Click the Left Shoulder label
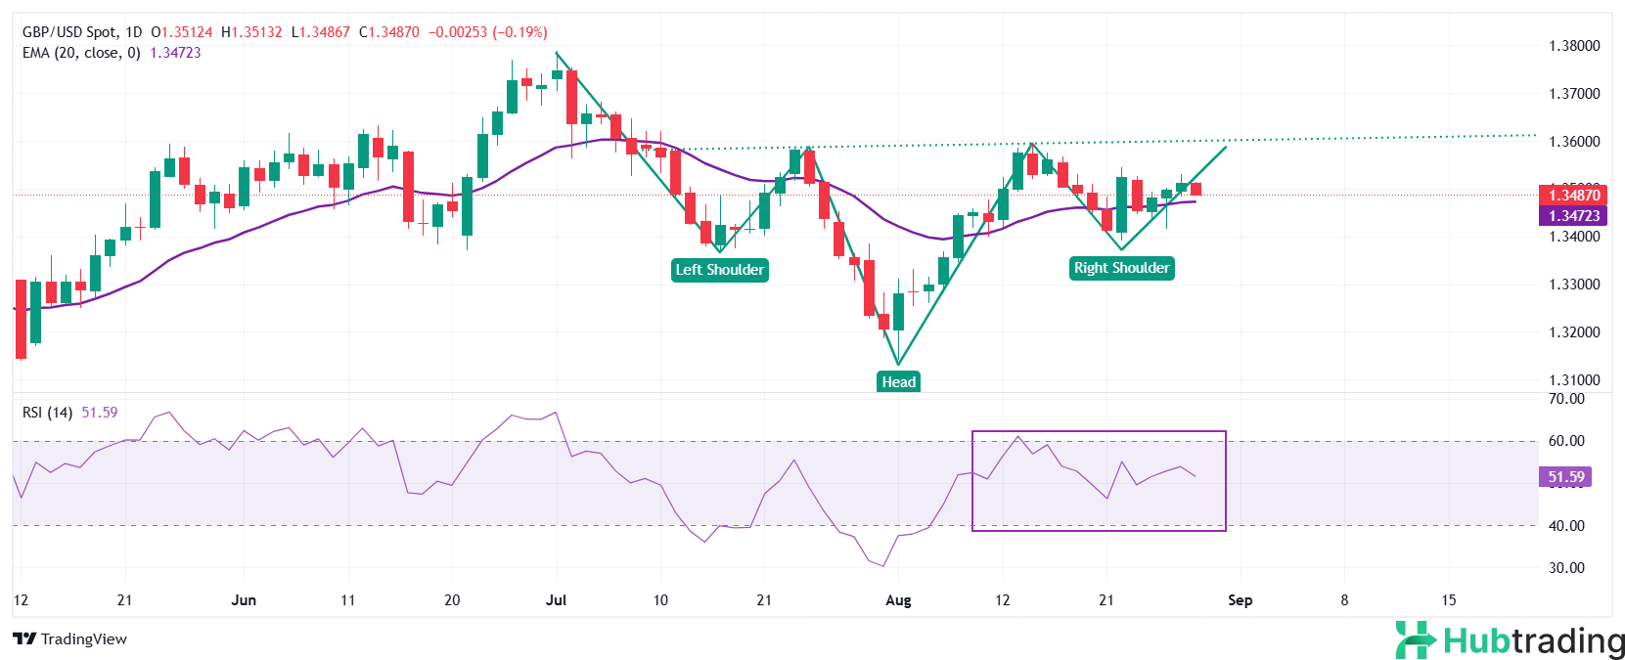pyautogui.click(x=719, y=270)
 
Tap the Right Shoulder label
pyautogui.click(x=1121, y=268)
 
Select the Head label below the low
pyautogui.click(x=898, y=381)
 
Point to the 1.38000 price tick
pyautogui.click(x=1574, y=46)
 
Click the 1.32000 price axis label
pyautogui.click(x=1574, y=332)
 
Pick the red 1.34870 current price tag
pyautogui.click(x=1573, y=196)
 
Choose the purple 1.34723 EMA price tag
pyautogui.click(x=1573, y=216)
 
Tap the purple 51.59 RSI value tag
pyautogui.click(x=1565, y=477)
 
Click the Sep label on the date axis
pyautogui.click(x=1240, y=600)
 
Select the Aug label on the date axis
pyautogui.click(x=898, y=600)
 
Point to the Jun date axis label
pyautogui.click(x=244, y=600)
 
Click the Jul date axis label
pyautogui.click(x=556, y=600)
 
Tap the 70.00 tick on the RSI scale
pyautogui.click(x=1566, y=399)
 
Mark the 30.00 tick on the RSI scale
pyautogui.click(x=1566, y=568)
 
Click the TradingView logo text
pyautogui.click(x=71, y=639)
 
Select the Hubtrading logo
pyautogui.click(x=1510, y=640)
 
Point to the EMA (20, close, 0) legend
pyautogui.click(x=81, y=53)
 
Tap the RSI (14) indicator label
pyautogui.click(x=47, y=413)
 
